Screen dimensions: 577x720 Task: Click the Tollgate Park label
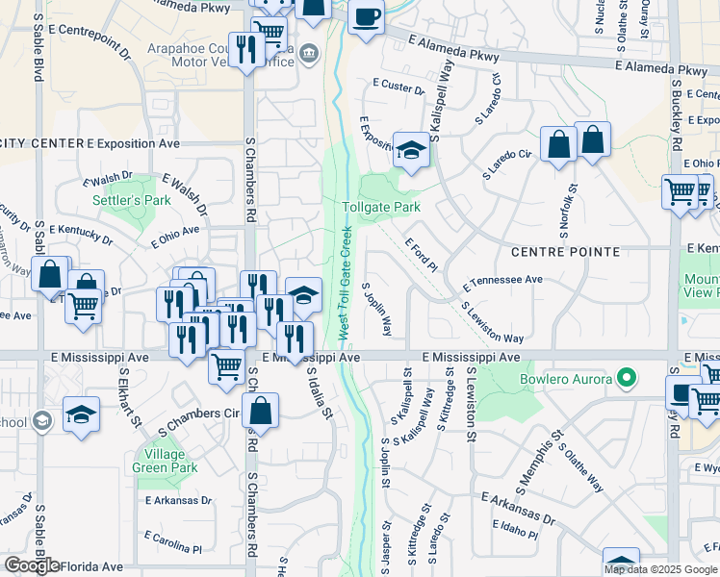pyautogui.click(x=381, y=207)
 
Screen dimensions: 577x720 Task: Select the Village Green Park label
pyautogui.click(x=171, y=462)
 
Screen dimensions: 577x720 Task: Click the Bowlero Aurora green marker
pyautogui.click(x=628, y=378)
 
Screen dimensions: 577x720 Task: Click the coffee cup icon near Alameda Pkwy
pyautogui.click(x=365, y=16)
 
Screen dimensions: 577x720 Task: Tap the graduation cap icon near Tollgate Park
pyautogui.click(x=411, y=150)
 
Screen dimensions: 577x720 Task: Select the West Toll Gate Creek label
pyautogui.click(x=344, y=283)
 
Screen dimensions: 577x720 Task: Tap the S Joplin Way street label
pyautogui.click(x=376, y=309)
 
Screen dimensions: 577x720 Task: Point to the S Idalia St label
pyautogui.click(x=319, y=393)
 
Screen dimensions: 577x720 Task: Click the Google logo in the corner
pyautogui.click(x=32, y=565)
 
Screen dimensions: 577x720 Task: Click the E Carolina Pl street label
pyautogui.click(x=173, y=541)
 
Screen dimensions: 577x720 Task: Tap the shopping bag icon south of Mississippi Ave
pyautogui.click(x=260, y=411)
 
